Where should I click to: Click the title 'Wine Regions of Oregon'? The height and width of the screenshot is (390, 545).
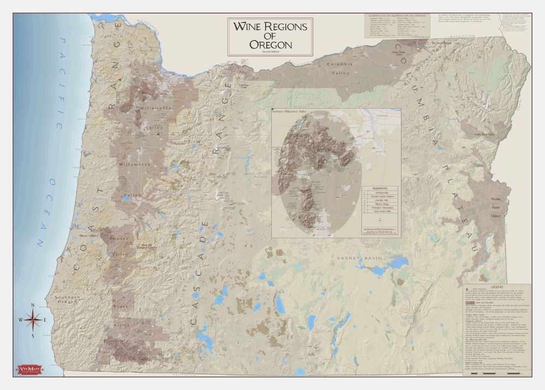(x=270, y=35)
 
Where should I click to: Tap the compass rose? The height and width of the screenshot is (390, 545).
(x=32, y=320)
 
